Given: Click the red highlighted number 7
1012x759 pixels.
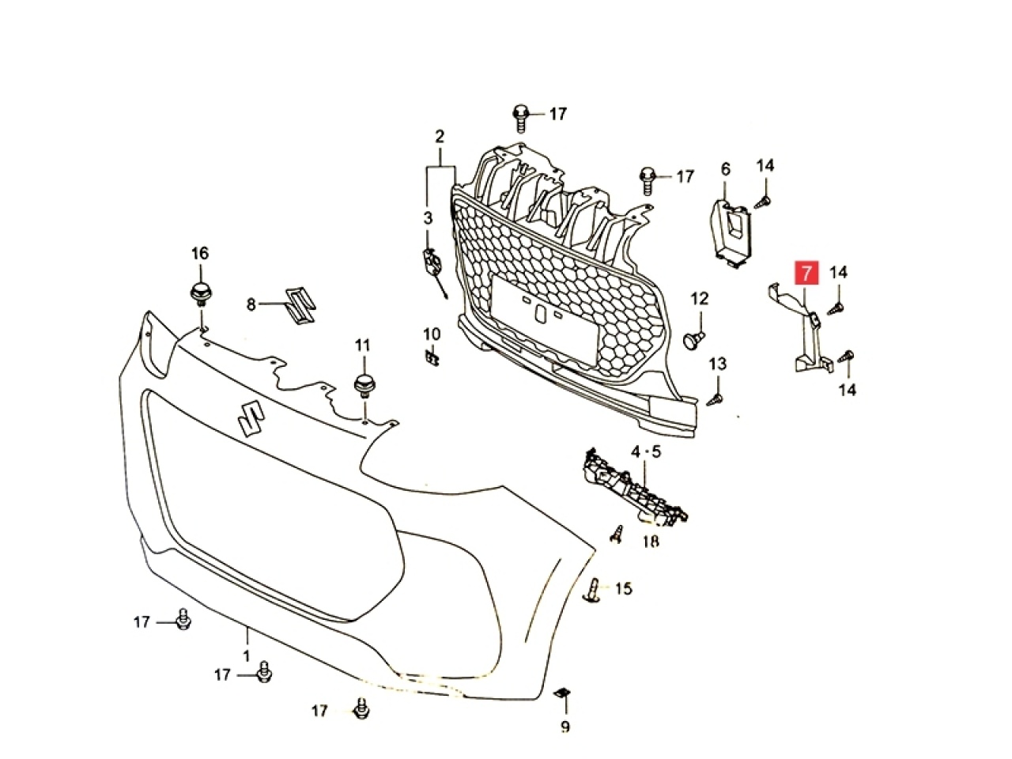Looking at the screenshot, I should (806, 274).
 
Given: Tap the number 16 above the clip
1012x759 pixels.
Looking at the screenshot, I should (200, 253).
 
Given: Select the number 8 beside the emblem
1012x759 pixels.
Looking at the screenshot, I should (251, 303).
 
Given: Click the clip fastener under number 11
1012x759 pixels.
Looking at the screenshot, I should (364, 386).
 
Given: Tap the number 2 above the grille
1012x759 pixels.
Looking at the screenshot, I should (440, 136).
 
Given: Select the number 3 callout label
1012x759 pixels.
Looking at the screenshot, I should (428, 217).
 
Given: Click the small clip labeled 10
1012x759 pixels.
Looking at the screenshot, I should (432, 357).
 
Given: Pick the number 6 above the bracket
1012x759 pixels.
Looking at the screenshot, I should (726, 169).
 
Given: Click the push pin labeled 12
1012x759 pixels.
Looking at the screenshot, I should (693, 339).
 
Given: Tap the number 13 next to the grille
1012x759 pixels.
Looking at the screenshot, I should (717, 364).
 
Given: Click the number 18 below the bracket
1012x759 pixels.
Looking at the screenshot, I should (650, 542).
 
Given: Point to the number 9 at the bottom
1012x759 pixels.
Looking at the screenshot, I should (565, 727).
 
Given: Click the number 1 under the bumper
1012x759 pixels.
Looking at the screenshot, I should (246, 655).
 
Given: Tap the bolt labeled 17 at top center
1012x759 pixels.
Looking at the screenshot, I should (521, 116).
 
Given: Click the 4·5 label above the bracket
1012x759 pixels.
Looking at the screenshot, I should (645, 452).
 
